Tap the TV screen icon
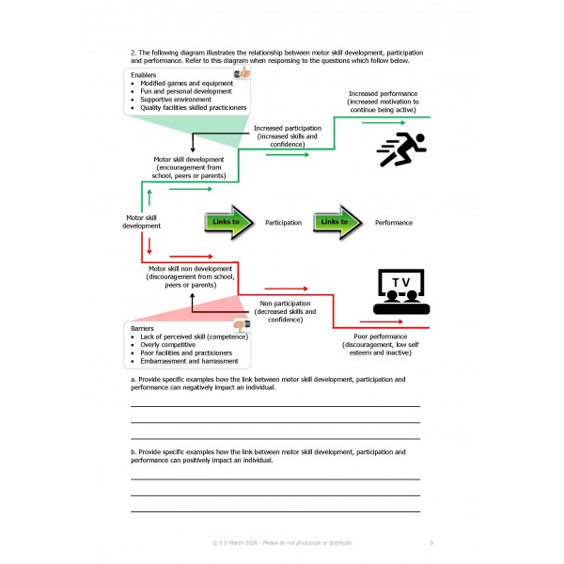(400, 291)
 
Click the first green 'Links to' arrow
(228, 223)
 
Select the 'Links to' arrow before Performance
(337, 223)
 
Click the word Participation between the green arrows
(283, 223)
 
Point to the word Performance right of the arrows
(393, 223)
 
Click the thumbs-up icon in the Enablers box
(242, 71)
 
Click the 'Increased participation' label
(289, 126)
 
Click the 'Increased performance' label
(383, 93)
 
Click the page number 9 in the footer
(431, 543)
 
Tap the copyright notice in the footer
(282, 543)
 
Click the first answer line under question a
(274, 406)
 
